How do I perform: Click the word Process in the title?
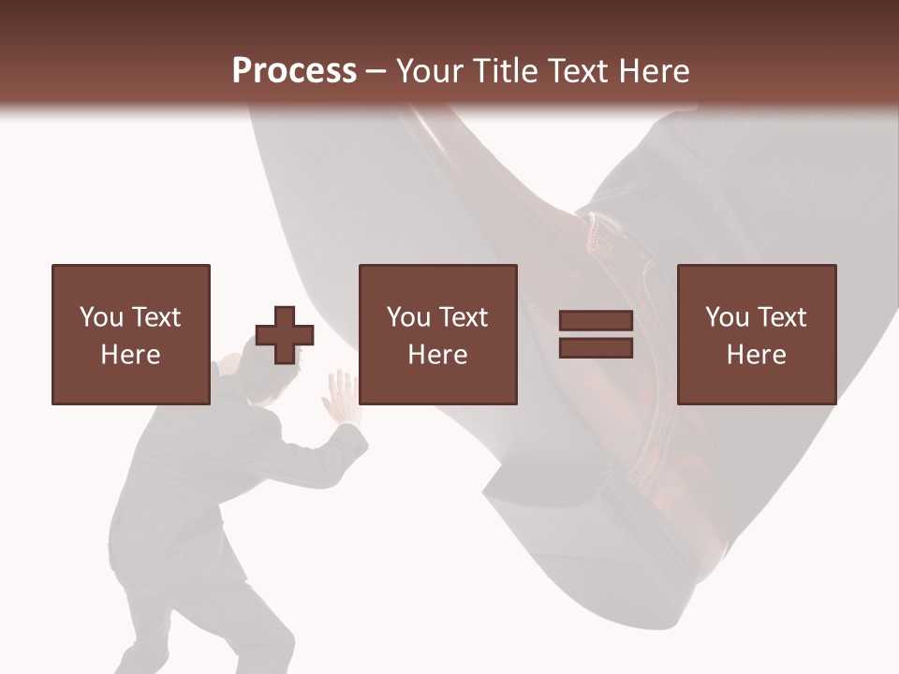click(x=294, y=71)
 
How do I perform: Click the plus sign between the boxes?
click(x=285, y=335)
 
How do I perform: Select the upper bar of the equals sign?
click(x=596, y=322)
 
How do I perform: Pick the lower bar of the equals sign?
click(x=596, y=348)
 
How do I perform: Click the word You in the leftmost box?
click(x=100, y=317)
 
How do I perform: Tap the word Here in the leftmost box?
click(x=130, y=355)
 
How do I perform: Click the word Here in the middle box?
click(x=438, y=355)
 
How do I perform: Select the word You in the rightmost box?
click(x=727, y=317)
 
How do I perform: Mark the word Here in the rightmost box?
click(x=757, y=355)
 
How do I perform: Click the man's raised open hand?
click(x=339, y=394)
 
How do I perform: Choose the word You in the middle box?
click(x=408, y=317)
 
